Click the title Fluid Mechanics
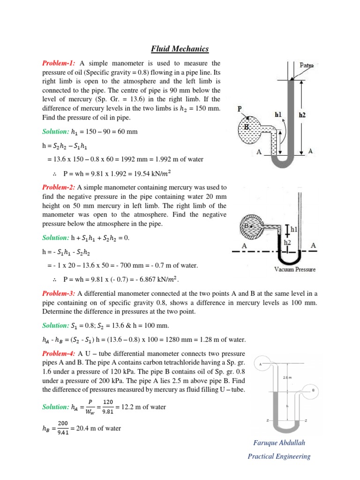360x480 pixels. tap(180, 49)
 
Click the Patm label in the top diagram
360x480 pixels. tap(307, 66)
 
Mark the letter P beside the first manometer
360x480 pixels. tap(240, 108)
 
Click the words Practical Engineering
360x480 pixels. tap(279, 456)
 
